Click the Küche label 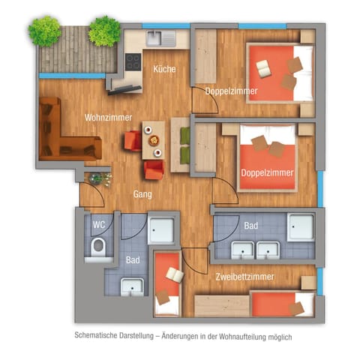pyautogui.click(x=164, y=69)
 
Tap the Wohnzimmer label pyautogui.click(x=109, y=118)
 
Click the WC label pyautogui.click(x=98, y=223)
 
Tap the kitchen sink pyautogui.click(x=157, y=37)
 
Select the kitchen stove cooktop pyautogui.click(x=133, y=62)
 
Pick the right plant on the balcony pyautogui.click(x=103, y=31)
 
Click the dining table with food pyautogui.click(x=154, y=139)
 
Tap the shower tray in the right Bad pyautogui.click(x=301, y=227)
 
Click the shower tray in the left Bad pyautogui.click(x=161, y=229)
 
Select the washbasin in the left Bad pyautogui.click(x=132, y=285)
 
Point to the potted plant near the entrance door pyautogui.click(x=98, y=179)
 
